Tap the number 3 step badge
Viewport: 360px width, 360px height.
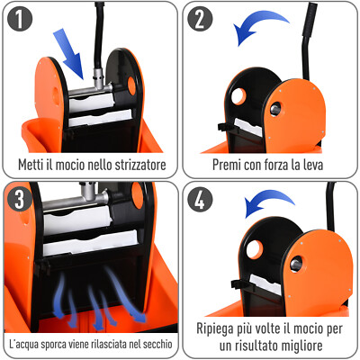20,201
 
